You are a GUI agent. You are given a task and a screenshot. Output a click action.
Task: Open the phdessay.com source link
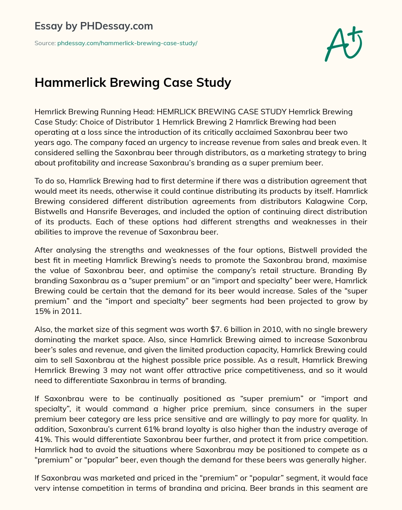click(x=127, y=43)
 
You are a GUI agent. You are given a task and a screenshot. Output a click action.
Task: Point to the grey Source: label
click(x=45, y=43)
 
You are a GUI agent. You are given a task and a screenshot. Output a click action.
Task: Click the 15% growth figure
click(x=42, y=311)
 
